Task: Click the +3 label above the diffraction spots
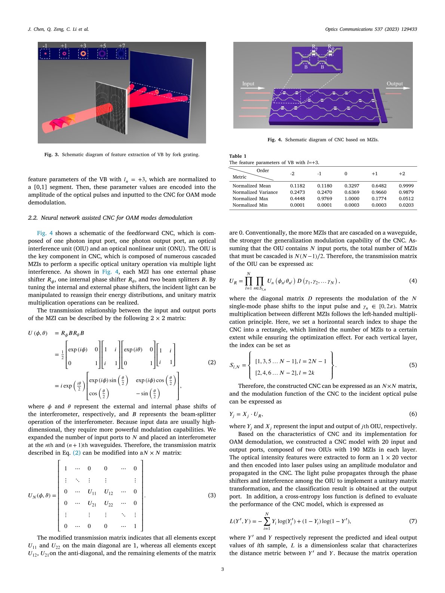pos(83,46)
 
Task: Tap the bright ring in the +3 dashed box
pos(83,54)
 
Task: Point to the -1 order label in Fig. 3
pos(45,46)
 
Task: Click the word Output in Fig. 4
pos(395,84)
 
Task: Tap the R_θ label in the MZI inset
pos(315,47)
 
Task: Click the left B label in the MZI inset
pos(306,67)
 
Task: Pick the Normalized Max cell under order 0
pos(352,199)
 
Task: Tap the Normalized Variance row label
pos(255,192)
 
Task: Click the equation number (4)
pos(413,281)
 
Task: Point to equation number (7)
pos(413,521)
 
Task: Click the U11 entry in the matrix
pos(92,492)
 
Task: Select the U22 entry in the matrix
pos(108,504)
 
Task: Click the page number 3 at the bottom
pos(222,569)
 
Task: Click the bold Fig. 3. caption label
pos(52,154)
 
